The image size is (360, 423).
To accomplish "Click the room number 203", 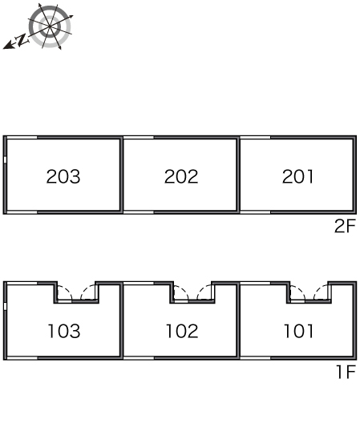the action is tap(63, 177).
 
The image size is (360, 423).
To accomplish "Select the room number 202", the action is tap(181, 177).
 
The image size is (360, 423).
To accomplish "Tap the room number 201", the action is tap(298, 177).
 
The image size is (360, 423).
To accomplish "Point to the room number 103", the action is tap(64, 331).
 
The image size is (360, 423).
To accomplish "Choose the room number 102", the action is tap(182, 331).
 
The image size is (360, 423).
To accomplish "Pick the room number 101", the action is tap(299, 331).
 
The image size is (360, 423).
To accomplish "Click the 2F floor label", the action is tap(345, 226).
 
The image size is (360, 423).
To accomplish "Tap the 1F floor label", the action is tap(346, 372).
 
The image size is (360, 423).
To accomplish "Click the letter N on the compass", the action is tap(22, 40).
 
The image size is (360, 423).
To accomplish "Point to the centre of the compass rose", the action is tap(50, 26).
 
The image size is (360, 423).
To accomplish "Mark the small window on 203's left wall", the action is tap(5, 159).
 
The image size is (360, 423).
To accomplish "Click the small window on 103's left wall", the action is tap(5, 306).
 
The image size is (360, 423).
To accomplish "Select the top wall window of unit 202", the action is tap(139, 138).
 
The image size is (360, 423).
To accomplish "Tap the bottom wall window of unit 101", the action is tap(255, 358).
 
